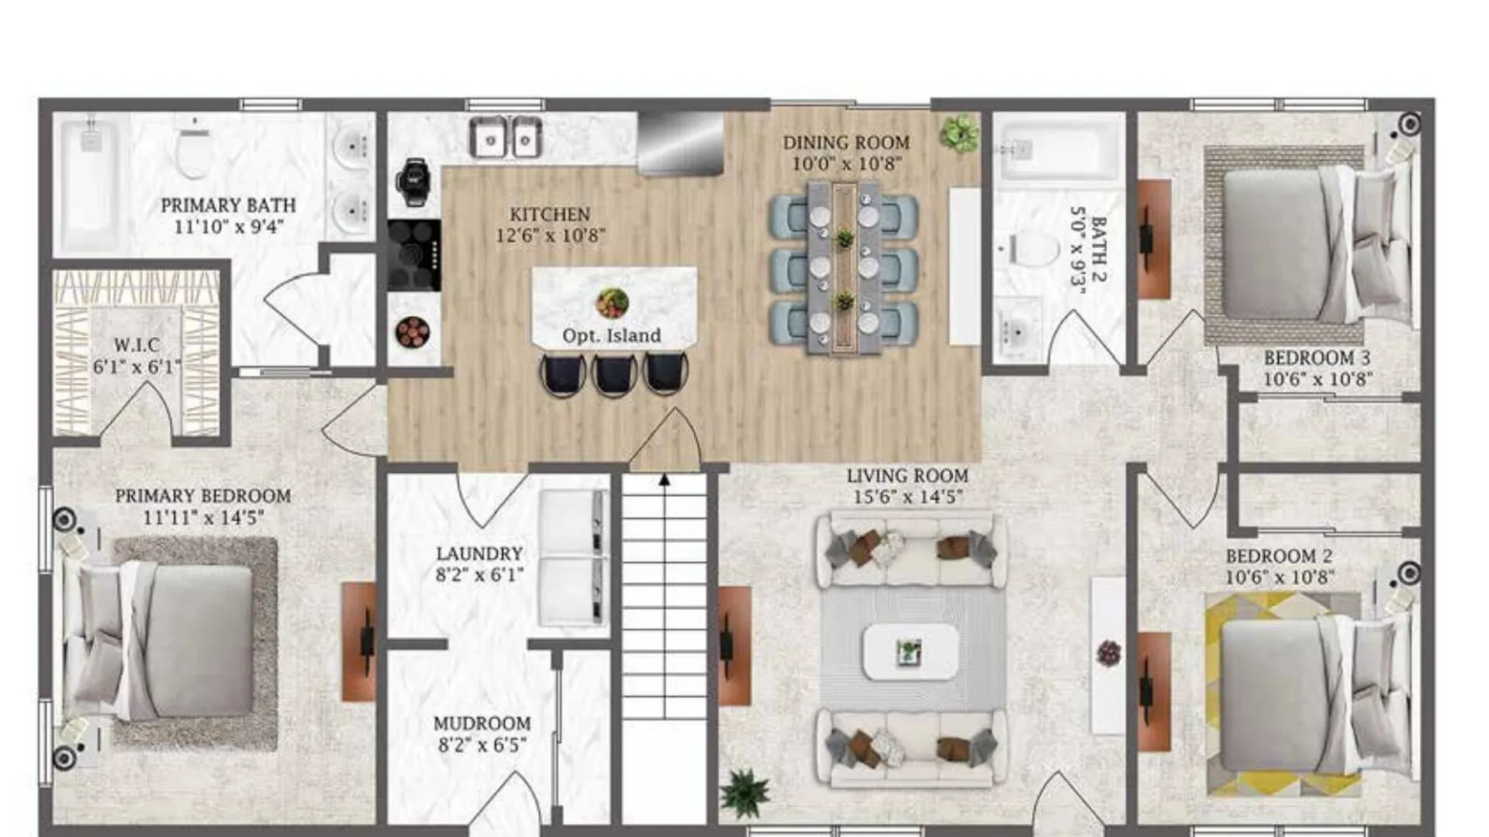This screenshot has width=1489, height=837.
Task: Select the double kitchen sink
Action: tap(505, 138)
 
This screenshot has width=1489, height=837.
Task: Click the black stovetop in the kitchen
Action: tap(414, 255)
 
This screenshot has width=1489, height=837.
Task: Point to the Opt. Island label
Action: tap(612, 336)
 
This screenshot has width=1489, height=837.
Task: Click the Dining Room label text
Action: tap(846, 143)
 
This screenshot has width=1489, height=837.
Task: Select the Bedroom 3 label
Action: tap(1317, 358)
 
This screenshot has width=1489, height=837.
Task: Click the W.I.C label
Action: tap(136, 345)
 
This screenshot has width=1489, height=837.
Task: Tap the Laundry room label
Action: tap(479, 554)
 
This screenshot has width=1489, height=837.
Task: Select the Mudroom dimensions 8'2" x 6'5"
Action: tap(482, 745)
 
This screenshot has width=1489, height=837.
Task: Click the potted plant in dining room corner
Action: tap(959, 133)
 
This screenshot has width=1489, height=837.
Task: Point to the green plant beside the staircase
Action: tap(745, 793)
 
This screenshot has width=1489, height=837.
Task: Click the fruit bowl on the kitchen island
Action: tap(613, 303)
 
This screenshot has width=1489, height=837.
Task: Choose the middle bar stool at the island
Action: tap(614, 375)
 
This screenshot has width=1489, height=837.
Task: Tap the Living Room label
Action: tap(907, 476)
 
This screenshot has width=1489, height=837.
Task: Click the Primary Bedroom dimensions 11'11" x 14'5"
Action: tap(203, 517)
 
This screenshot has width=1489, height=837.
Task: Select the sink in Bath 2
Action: tap(1015, 331)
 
